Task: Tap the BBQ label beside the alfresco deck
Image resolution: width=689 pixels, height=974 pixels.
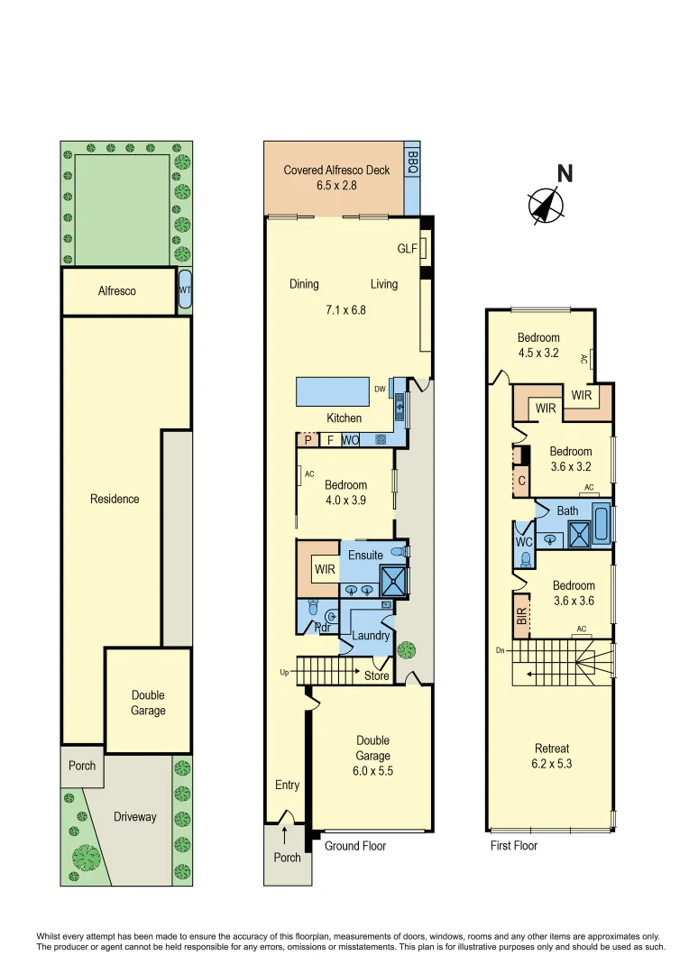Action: point(412,162)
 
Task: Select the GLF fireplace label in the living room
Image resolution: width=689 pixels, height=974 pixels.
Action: point(408,249)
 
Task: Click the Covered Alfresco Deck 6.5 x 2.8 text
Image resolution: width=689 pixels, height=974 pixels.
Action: point(336,177)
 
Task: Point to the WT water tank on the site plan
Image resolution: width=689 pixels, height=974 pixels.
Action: point(184,290)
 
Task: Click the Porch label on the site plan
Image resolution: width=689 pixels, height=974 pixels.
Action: point(82,766)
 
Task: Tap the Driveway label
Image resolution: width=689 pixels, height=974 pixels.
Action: point(134,817)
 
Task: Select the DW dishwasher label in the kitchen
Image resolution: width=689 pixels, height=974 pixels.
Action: point(381,390)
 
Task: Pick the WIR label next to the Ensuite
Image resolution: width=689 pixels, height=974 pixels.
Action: point(325,570)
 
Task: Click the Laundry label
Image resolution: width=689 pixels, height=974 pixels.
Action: point(372,636)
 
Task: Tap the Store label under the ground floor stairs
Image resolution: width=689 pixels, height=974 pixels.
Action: point(376,675)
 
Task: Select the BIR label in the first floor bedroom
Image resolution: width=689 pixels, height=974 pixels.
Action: point(520,616)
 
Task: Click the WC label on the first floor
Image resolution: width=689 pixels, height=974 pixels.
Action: point(523,542)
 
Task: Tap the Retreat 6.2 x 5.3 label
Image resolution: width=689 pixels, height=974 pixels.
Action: point(551,756)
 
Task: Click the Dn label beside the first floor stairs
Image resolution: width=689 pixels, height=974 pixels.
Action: point(500,649)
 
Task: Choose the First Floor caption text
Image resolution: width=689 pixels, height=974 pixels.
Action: point(514,846)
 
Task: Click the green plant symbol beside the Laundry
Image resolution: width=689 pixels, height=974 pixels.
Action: point(408,649)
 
